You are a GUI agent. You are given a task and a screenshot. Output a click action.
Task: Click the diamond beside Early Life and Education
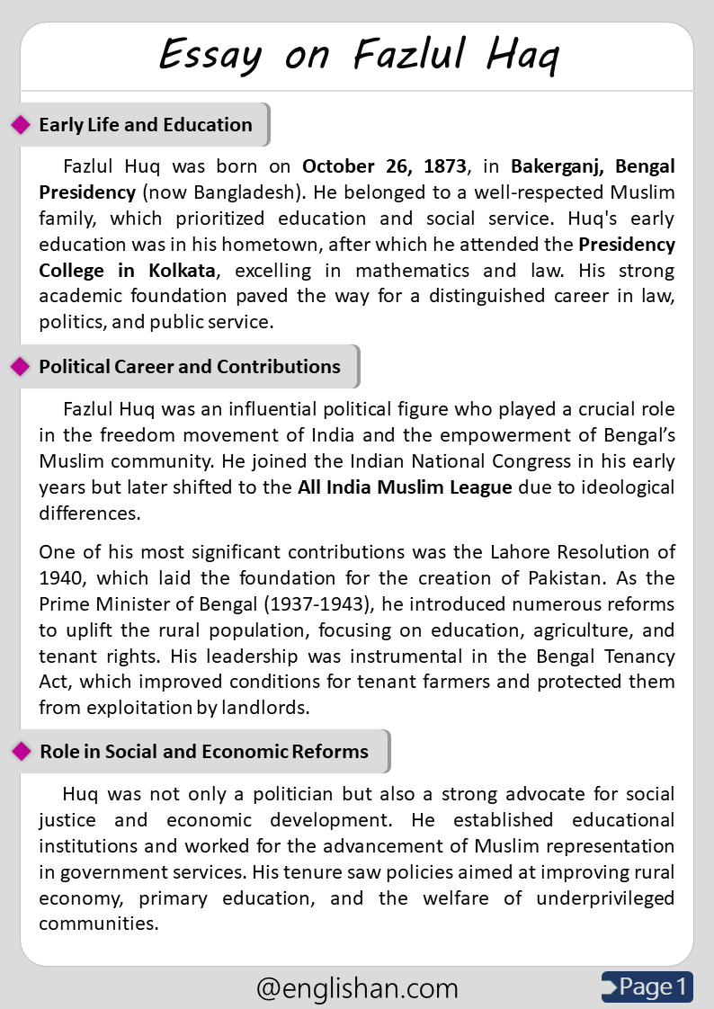tap(21, 125)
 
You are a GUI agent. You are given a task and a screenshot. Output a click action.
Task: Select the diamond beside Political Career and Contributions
tap(21, 367)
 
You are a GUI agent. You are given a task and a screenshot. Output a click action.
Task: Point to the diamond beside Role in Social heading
tap(21, 752)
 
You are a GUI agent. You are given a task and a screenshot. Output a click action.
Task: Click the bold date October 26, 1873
tap(384, 166)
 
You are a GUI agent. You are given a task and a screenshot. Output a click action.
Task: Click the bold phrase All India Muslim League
tap(405, 488)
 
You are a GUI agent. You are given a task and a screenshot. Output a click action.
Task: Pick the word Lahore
tap(505, 552)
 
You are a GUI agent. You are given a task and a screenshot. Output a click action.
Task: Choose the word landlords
tap(263, 708)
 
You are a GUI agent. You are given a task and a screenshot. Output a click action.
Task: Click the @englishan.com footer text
tap(357, 988)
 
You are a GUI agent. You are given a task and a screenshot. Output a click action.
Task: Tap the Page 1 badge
tap(647, 987)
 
